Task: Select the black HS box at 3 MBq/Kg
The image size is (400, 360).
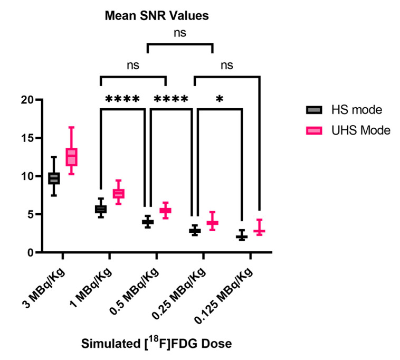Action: tap(54, 178)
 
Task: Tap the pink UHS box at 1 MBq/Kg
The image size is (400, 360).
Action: tap(118, 194)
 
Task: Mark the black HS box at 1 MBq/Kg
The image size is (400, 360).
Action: tap(100, 209)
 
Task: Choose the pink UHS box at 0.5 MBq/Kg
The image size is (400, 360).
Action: tap(165, 211)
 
